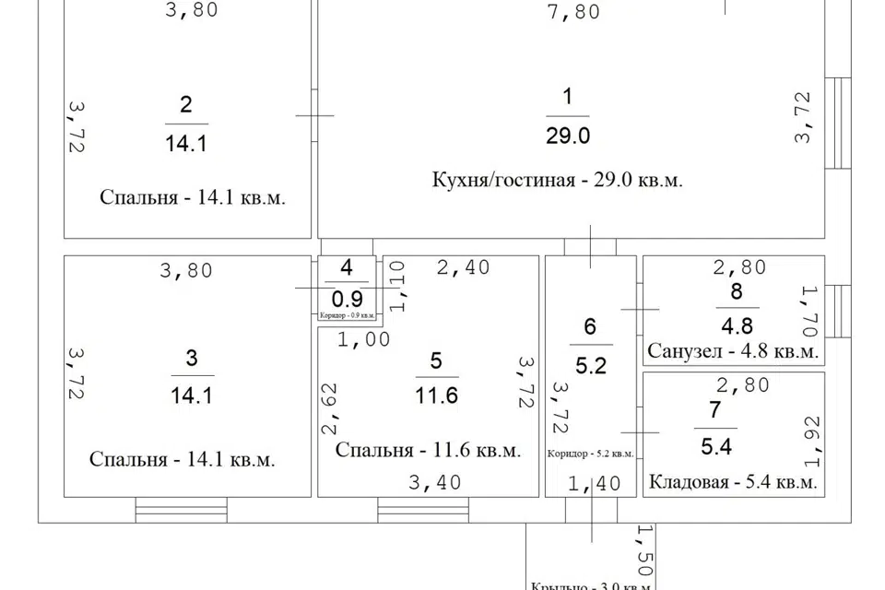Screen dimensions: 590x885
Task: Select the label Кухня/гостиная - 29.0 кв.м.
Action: (557, 180)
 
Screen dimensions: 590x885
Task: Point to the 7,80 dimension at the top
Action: (573, 12)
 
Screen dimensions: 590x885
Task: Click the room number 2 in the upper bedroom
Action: (186, 104)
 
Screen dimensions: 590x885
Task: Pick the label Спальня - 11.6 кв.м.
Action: (428, 451)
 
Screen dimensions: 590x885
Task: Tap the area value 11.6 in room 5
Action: (436, 395)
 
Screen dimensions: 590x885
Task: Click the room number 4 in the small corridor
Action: (346, 268)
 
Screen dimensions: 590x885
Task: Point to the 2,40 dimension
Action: (462, 268)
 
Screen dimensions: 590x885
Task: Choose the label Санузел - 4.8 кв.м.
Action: (732, 351)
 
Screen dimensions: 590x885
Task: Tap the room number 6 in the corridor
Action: (590, 326)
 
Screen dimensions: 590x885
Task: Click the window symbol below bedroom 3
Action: (181, 510)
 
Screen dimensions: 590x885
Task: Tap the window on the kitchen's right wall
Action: (838, 122)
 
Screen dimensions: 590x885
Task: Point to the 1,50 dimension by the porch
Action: (643, 551)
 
